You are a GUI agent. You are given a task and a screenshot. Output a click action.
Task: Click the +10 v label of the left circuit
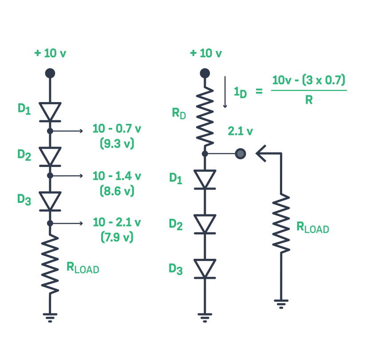click(50, 53)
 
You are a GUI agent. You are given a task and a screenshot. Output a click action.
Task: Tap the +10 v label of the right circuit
click(205, 53)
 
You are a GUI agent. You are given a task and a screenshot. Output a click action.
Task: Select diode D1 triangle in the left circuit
click(50, 111)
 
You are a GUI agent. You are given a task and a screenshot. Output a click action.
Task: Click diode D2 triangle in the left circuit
click(50, 155)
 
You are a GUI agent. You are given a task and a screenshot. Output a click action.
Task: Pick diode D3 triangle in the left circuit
click(50, 200)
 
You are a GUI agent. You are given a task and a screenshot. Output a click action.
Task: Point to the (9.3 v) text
click(117, 144)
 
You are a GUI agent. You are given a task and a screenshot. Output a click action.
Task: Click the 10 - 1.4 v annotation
click(117, 176)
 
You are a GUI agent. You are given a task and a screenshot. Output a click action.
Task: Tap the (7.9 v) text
click(117, 237)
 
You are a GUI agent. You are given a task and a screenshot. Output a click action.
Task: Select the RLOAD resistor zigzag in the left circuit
click(50, 264)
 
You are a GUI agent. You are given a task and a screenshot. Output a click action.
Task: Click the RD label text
click(179, 113)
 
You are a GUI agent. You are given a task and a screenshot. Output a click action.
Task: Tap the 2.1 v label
click(240, 131)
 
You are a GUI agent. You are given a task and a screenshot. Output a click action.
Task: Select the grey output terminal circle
click(240, 154)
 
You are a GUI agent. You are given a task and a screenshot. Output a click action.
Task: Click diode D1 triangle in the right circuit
click(205, 178)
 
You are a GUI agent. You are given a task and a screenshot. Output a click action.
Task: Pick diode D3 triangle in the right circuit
click(205, 268)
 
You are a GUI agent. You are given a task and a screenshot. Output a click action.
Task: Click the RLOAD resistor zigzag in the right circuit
click(281, 222)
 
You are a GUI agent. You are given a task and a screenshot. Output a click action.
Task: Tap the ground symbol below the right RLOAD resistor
click(281, 304)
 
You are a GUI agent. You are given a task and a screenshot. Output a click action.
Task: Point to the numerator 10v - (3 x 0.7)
click(309, 80)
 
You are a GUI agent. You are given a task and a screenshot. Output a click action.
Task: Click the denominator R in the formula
click(309, 100)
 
